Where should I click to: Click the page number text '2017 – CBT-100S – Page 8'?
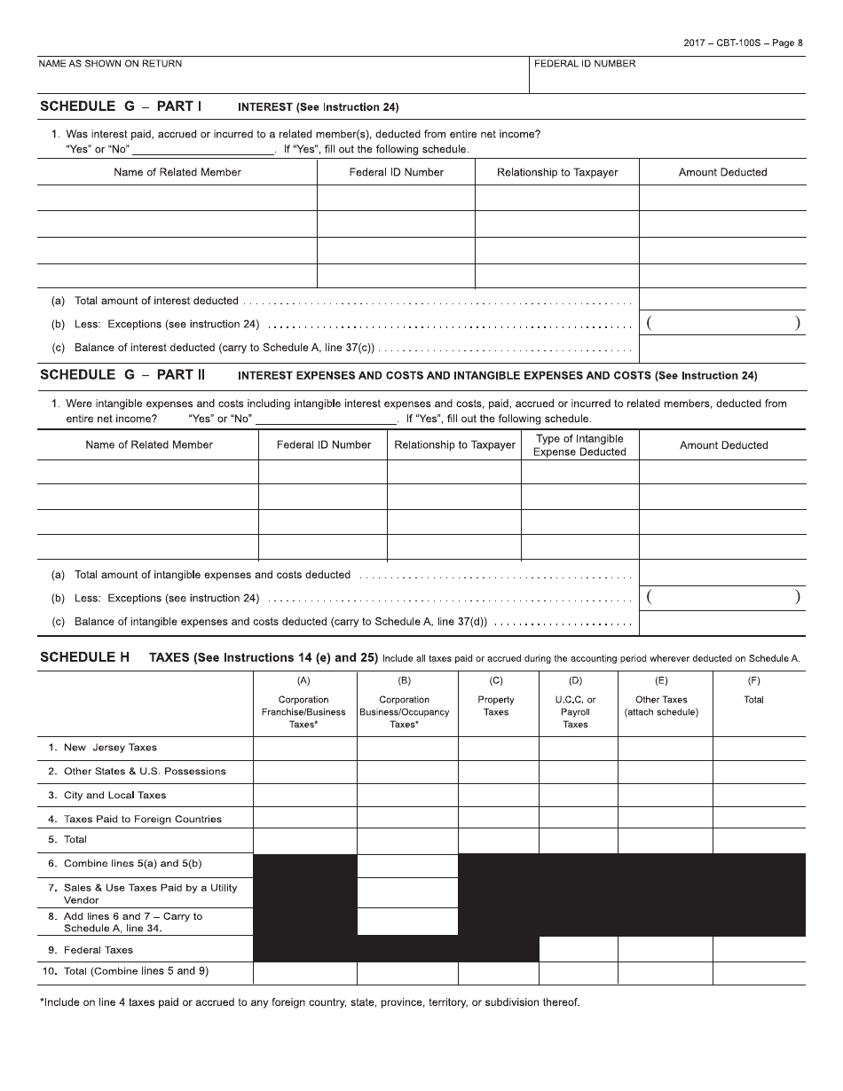pyautogui.click(x=743, y=43)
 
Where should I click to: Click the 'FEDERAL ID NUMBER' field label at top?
pyautogui.click(x=585, y=64)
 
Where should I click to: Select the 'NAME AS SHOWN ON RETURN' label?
pyautogui.click(x=110, y=64)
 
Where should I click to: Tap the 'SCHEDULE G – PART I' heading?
pyautogui.click(x=121, y=106)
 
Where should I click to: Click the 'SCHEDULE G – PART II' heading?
pyautogui.click(x=122, y=375)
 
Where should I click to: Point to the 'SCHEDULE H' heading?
pyautogui.click(x=84, y=657)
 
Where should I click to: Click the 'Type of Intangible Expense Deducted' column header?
pyautogui.click(x=579, y=445)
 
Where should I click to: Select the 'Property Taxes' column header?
pyautogui.click(x=496, y=705)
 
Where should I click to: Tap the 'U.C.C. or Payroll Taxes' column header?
pyautogui.click(x=576, y=711)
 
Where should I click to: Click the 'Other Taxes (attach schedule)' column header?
pyautogui.click(x=661, y=705)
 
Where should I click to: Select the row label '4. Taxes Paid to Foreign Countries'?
pyautogui.click(x=135, y=819)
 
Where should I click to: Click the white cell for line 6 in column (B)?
pyautogui.click(x=407, y=865)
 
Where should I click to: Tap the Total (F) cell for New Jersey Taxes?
pyautogui.click(x=759, y=748)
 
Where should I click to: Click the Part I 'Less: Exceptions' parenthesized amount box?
pyautogui.click(x=722, y=324)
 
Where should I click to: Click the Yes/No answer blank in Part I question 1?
pyautogui.click(x=203, y=149)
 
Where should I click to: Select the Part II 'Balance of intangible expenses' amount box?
pyautogui.click(x=722, y=623)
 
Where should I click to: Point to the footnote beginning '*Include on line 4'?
pyautogui.click(x=311, y=1002)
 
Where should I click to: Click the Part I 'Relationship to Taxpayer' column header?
pyautogui.click(x=557, y=172)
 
